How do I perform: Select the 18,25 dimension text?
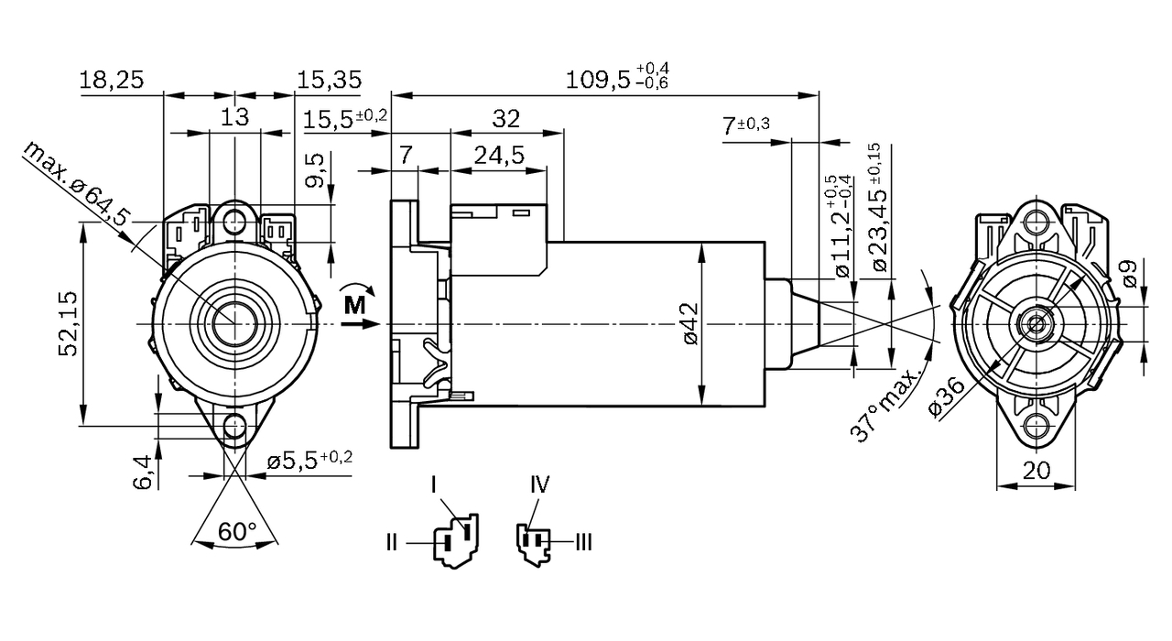coord(111,80)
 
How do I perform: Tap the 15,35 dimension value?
coord(329,80)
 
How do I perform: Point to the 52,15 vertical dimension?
coord(67,325)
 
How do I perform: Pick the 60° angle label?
coord(237,530)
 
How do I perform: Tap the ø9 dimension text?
coord(1130,274)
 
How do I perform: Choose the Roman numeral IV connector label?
coord(539,484)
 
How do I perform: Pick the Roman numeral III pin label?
coord(582,543)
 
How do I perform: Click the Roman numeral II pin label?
coord(392,543)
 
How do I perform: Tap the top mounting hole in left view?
coord(236,221)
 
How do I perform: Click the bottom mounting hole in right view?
coord(1036,425)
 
